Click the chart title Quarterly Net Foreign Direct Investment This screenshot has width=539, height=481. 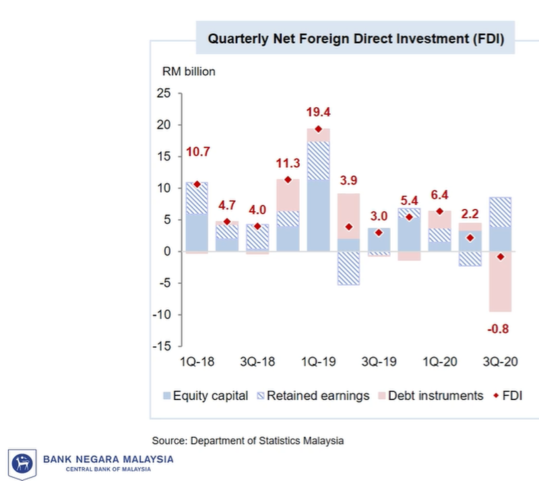coord(356,39)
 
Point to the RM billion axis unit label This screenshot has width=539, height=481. coord(187,72)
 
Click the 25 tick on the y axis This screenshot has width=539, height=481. coord(163,94)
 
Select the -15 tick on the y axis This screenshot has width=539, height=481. coord(161,346)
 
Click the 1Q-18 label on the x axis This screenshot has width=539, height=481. coord(197,362)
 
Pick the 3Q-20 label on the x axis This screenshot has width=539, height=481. coord(500,362)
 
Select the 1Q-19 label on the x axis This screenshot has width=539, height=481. coord(318,362)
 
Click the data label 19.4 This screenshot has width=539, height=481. coord(318,112)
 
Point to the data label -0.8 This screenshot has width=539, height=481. coord(500,329)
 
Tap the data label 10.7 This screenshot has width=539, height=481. coord(197,152)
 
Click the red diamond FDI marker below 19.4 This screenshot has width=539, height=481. coord(318,129)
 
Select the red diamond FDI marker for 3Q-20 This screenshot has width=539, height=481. coord(500,257)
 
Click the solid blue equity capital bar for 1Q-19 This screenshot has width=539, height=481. coord(318,216)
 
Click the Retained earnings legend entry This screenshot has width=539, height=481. coord(311,395)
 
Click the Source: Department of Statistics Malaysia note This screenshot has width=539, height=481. coord(248,441)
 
